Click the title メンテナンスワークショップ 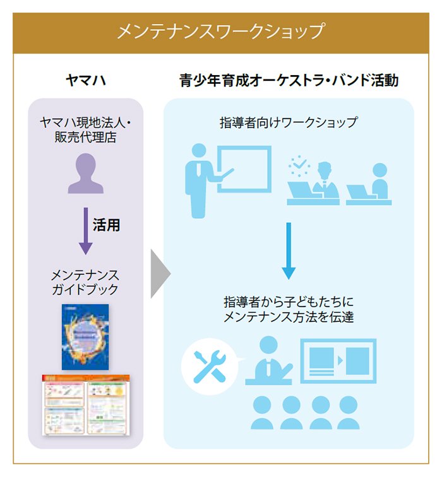click(220, 31)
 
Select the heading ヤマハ click(85, 80)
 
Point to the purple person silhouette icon click(85, 174)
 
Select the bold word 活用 click(108, 226)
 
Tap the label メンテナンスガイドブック click(85, 283)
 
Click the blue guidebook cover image click(85, 337)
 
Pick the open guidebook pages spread click(85, 403)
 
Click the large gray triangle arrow click(160, 273)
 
